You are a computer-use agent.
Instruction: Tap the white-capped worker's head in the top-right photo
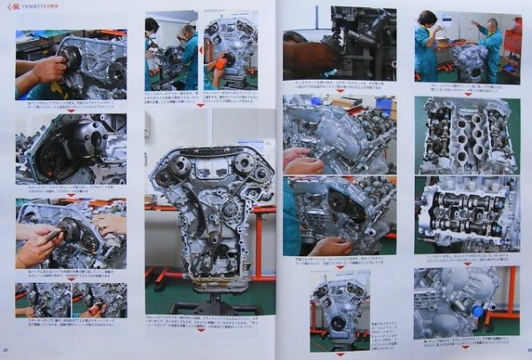[x=491, y=24]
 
